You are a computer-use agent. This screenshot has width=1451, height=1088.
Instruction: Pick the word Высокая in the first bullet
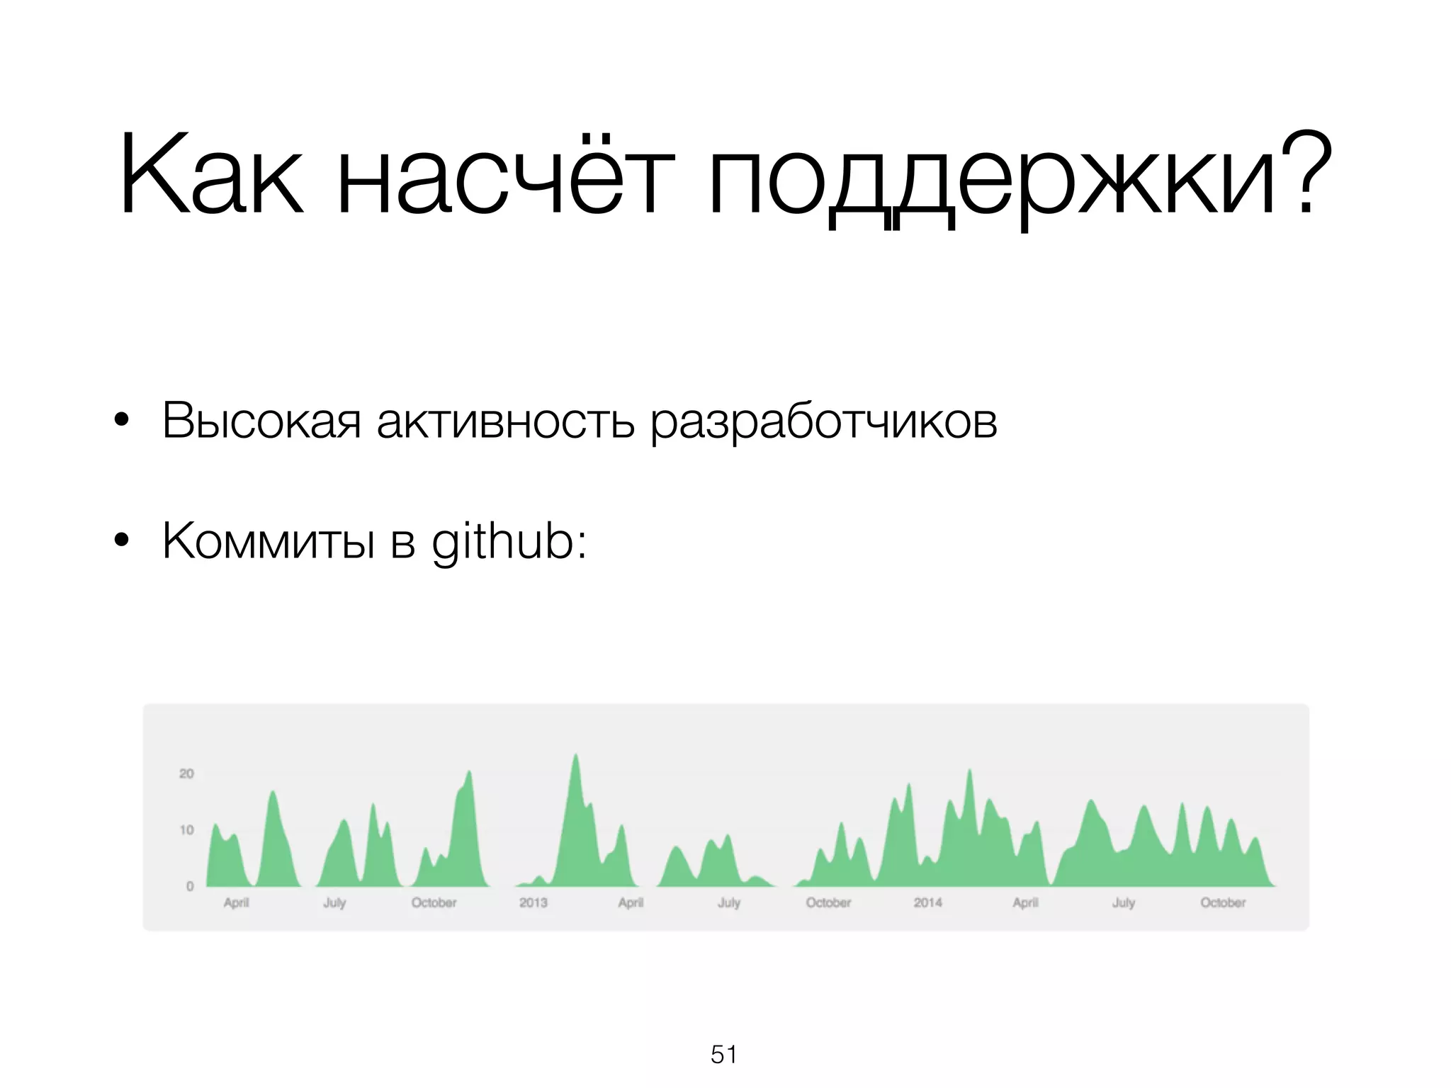261,421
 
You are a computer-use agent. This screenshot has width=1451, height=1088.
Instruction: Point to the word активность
505,421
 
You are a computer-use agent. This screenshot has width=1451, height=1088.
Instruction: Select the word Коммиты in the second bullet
269,541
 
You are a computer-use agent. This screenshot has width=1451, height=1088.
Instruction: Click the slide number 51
724,1055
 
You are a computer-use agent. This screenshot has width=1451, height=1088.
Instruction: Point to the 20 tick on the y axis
186,773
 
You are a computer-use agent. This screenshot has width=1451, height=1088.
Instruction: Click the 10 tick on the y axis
186,829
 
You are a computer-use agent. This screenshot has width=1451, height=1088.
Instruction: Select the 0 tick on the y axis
190,886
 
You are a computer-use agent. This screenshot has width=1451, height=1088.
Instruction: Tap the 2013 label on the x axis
533,902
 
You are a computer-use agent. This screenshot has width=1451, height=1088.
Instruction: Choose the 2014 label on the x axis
927,902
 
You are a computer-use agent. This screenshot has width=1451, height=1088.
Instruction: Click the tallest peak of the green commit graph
575,756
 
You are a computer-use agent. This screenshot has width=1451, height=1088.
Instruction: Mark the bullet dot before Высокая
121,421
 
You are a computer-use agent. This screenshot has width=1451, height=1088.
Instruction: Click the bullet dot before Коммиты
121,541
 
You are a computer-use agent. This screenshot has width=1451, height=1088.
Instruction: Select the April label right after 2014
1025,902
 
